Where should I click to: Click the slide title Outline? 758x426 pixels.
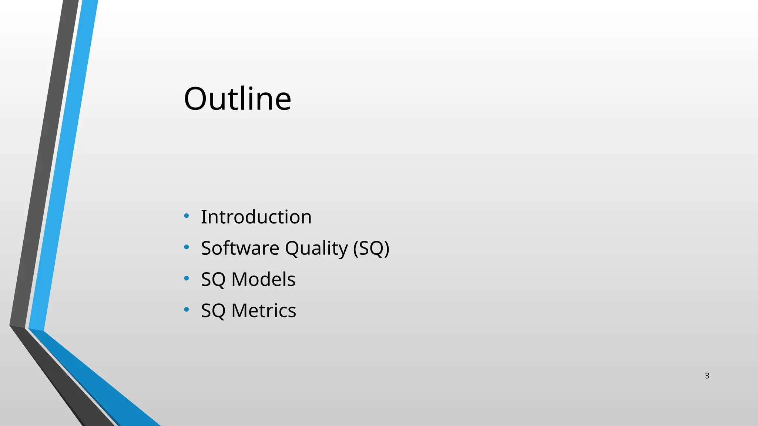(237, 99)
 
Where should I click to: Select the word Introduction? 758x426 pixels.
(256, 217)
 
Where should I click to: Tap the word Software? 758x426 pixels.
(240, 248)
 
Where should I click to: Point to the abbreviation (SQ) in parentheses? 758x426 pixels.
(371, 248)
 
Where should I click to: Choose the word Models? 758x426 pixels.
(263, 279)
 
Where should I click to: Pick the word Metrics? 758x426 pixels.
(264, 311)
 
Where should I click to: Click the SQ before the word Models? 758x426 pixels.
(213, 280)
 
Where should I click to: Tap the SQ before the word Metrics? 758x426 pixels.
(213, 311)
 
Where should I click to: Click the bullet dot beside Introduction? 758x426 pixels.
(187, 216)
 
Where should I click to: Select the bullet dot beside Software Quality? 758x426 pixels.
(187, 247)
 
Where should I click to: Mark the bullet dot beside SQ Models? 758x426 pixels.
(187, 278)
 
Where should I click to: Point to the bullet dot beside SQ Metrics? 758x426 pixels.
(187, 309)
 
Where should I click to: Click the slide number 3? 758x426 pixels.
(707, 376)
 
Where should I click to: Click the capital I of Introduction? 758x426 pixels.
(203, 217)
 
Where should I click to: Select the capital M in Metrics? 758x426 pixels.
(240, 311)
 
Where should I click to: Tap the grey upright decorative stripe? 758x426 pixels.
(44, 166)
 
